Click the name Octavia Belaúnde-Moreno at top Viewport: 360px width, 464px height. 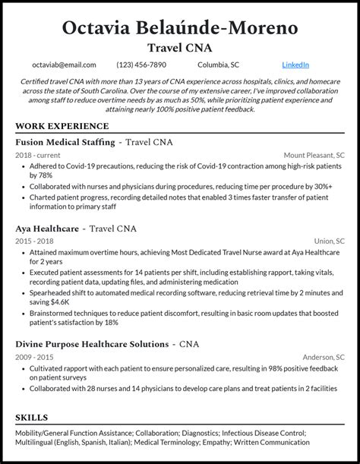click(180, 27)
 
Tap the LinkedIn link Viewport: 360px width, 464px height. click(295, 65)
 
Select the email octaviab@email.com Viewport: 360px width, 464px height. click(64, 65)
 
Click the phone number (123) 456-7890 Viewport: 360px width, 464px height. click(142, 65)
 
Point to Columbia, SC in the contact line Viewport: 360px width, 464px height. click(219, 65)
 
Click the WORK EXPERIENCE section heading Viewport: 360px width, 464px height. click(62, 126)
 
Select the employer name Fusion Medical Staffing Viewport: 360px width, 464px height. click(65, 142)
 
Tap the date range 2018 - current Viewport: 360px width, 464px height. click(38, 155)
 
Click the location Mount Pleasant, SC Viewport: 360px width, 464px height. click(314, 155)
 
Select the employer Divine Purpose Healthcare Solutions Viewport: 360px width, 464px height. click(91, 344)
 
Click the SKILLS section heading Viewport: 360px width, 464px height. click(31, 418)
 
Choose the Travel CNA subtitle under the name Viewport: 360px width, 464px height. click(180, 48)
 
